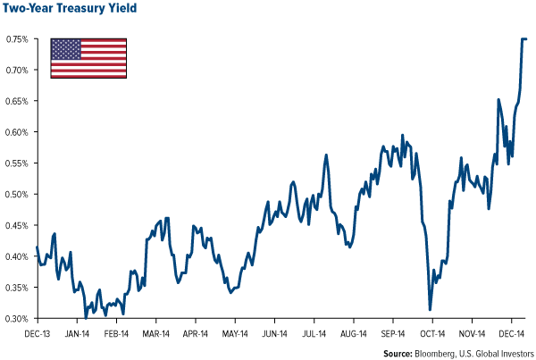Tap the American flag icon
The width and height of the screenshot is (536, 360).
pyautogui.click(x=88, y=57)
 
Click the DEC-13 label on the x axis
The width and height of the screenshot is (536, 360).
pyautogui.click(x=37, y=331)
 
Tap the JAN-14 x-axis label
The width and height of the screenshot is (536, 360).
pyautogui.click(x=77, y=331)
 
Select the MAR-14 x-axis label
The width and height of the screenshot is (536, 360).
pyautogui.click(x=155, y=331)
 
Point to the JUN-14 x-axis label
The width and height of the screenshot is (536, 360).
pyautogui.click(x=273, y=331)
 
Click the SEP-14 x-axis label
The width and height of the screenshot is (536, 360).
pyautogui.click(x=391, y=331)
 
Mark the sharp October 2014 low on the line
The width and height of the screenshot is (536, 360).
pyautogui.click(x=431, y=309)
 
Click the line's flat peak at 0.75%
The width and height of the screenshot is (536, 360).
pyautogui.click(x=523, y=39)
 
